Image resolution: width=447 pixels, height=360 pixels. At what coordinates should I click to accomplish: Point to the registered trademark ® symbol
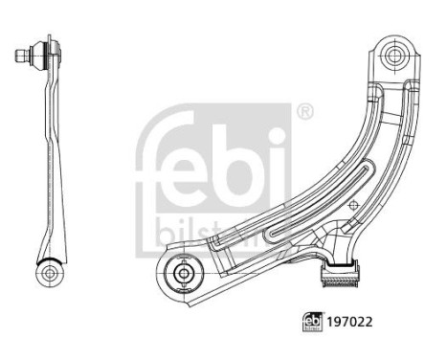pyautogui.click(x=303, y=113)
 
